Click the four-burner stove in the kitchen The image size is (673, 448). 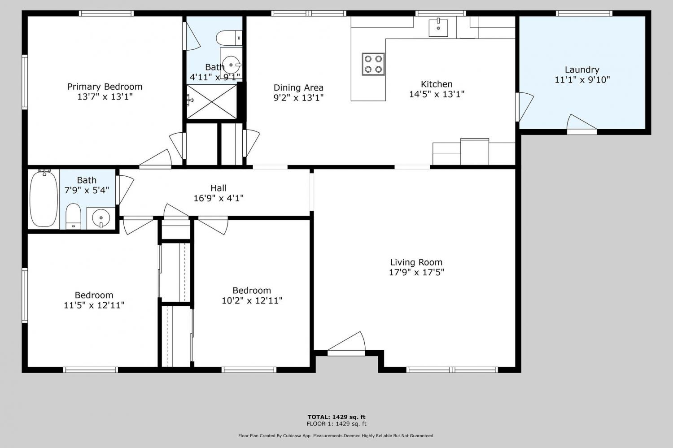click(373, 64)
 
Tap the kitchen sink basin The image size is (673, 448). click(438, 28)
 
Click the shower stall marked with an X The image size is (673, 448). click(212, 101)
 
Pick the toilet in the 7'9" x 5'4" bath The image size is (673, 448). click(73, 217)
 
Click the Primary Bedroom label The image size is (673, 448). click(105, 87)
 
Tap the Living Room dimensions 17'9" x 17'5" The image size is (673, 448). click(416, 272)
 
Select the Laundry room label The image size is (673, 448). click(582, 70)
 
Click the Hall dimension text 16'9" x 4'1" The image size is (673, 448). click(219, 198)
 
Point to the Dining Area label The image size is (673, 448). click(298, 88)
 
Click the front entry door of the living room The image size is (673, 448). click(346, 344)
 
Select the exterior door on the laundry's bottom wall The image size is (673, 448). click(581, 125)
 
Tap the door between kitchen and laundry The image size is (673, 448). click(524, 107)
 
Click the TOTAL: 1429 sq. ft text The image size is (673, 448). click(336, 417)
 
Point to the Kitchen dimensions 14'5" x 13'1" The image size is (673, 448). click(437, 94)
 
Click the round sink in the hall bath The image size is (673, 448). click(101, 217)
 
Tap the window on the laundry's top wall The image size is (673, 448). click(584, 13)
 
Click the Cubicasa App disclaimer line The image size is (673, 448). click(336, 436)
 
